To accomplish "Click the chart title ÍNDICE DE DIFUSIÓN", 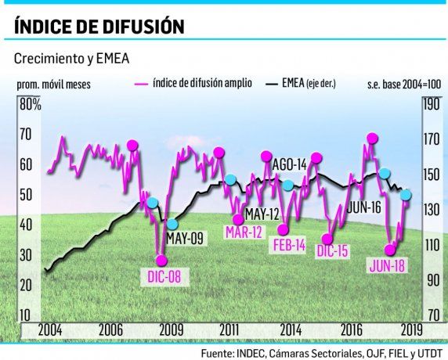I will click(x=99, y=27).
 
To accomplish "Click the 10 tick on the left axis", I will click(x=25, y=315).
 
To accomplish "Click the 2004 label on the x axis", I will click(x=50, y=329).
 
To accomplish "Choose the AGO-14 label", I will click(x=289, y=164).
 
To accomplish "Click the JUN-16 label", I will click(x=363, y=207).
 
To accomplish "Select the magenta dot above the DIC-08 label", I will click(x=161, y=261).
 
